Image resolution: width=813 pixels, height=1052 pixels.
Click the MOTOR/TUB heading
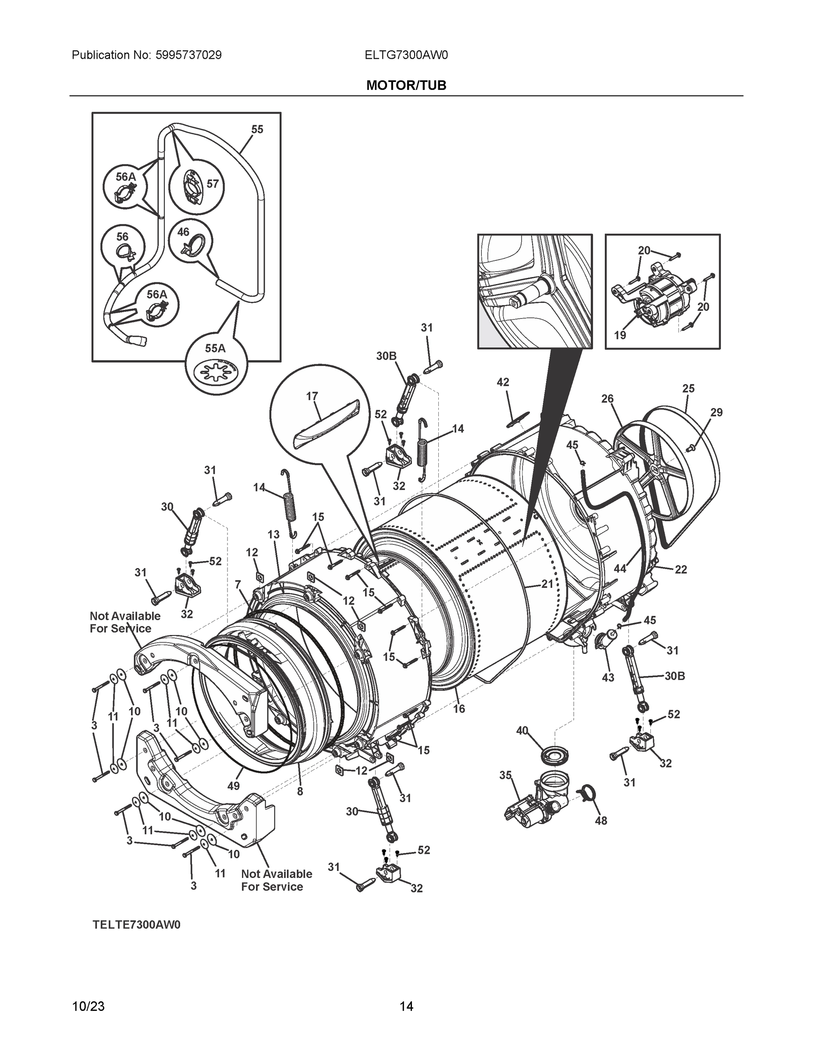point(406,85)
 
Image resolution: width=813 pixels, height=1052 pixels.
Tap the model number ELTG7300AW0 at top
point(406,55)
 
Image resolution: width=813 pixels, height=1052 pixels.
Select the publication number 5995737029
point(188,55)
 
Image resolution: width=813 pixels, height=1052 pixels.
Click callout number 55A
point(215,348)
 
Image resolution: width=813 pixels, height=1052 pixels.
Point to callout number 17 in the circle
point(312,396)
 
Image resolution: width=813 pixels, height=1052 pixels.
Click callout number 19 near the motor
point(620,335)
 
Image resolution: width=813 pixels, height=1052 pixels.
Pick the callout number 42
point(503,382)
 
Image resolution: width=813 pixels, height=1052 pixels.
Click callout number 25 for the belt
point(688,388)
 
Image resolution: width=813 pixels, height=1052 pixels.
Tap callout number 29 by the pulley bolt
point(716,412)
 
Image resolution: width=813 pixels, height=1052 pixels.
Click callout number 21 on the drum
point(547,584)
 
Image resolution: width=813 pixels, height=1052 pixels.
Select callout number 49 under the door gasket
point(233,786)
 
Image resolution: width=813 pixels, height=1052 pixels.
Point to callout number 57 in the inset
point(213,184)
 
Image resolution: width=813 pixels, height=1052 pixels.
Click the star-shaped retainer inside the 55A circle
point(215,373)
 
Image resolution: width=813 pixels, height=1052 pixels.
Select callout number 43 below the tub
point(608,677)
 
